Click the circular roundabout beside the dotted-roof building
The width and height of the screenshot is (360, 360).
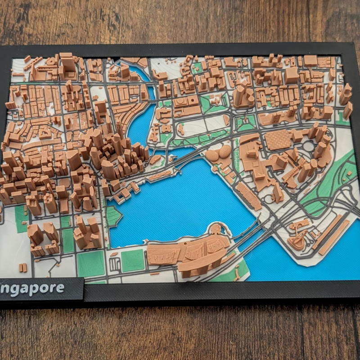pos(309,146)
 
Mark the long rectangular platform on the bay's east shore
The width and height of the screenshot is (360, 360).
pos(248,196)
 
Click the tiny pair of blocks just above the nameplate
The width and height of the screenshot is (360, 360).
pos(22,268)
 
